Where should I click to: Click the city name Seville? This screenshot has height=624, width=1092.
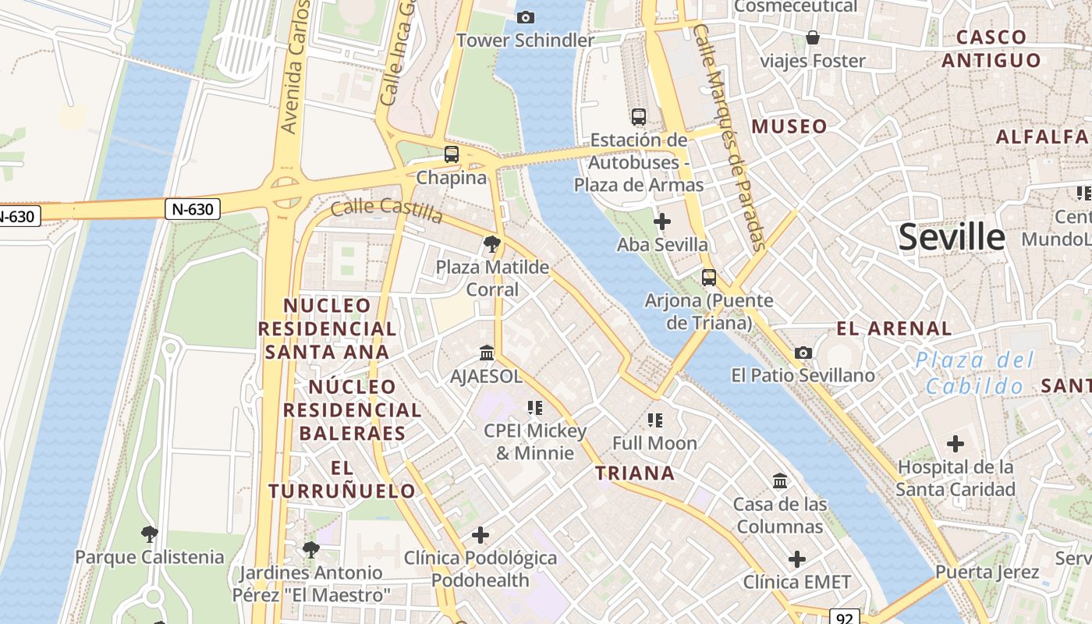(952, 237)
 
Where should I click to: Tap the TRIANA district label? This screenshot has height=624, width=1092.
(634, 473)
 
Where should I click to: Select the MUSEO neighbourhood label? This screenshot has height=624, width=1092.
(789, 126)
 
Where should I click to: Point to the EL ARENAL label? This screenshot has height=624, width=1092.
(894, 328)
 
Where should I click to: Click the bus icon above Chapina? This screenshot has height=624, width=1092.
(452, 154)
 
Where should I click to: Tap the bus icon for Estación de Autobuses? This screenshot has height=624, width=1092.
(639, 117)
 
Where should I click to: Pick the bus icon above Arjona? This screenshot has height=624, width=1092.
(709, 278)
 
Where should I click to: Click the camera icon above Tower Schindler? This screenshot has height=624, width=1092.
(526, 17)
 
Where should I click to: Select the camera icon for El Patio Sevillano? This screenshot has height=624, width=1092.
(803, 353)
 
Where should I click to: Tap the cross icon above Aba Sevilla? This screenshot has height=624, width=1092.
(662, 222)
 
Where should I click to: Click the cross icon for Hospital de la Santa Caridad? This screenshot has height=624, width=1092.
(955, 445)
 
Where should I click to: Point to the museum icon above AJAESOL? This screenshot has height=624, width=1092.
(487, 353)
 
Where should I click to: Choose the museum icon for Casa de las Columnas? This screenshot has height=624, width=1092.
(780, 480)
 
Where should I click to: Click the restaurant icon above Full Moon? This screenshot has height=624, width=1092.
(655, 420)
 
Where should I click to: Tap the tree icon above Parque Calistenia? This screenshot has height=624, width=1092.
(149, 534)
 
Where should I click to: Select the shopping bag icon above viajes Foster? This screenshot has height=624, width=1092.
(813, 37)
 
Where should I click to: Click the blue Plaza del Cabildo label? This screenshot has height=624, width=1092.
(975, 372)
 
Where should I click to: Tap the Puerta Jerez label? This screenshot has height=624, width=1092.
(987, 572)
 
